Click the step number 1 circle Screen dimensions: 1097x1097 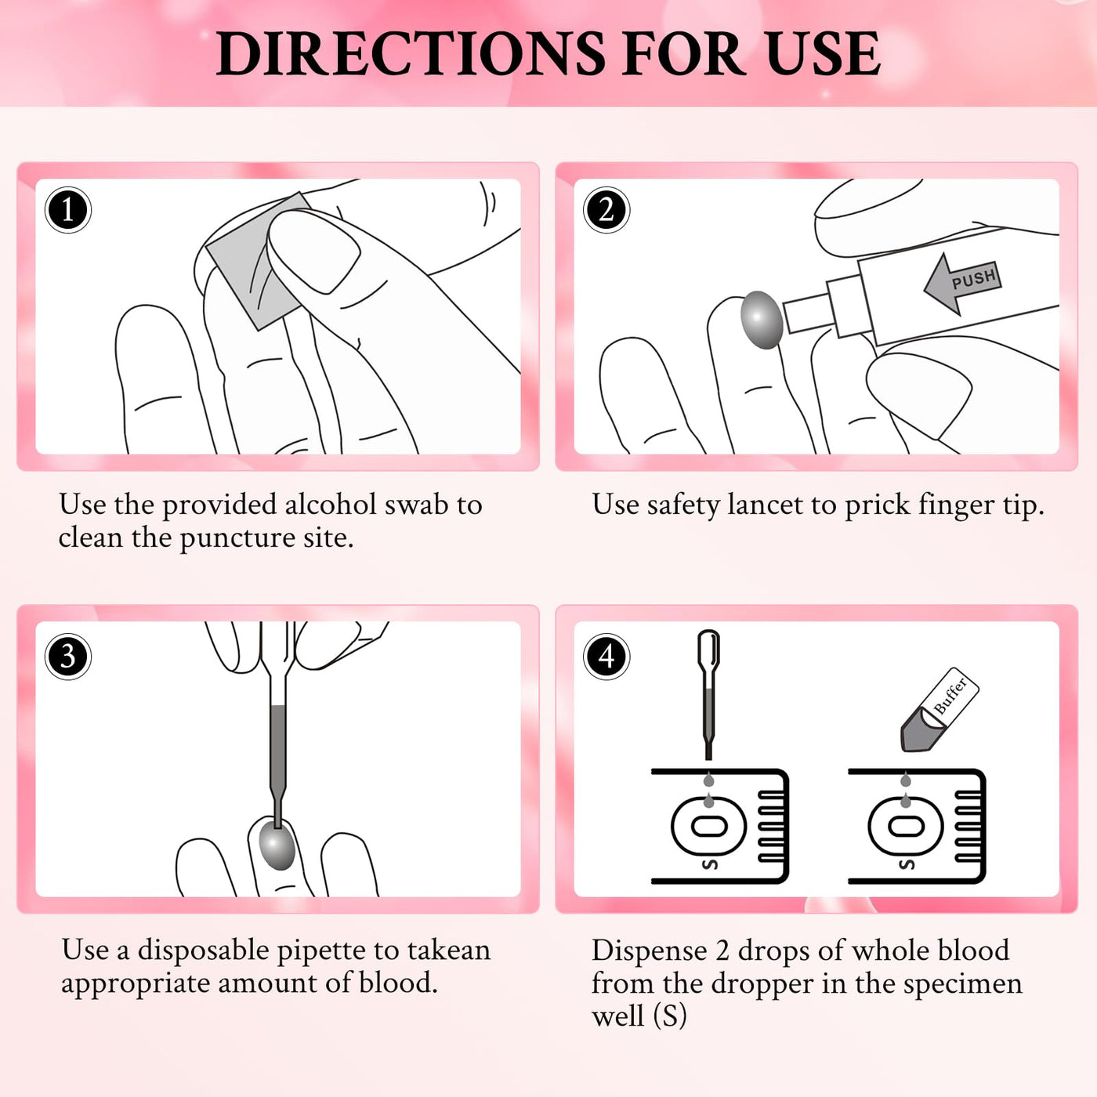tap(67, 209)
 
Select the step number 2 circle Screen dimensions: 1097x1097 tap(606, 209)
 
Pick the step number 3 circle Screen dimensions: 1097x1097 tap(67, 657)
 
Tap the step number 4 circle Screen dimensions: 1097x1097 tap(606, 657)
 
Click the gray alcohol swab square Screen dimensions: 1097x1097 tap(256, 262)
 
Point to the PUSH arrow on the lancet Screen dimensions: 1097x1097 tap(962, 283)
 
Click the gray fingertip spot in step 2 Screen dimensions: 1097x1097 tap(761, 320)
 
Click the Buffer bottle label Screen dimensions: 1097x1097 tap(950, 696)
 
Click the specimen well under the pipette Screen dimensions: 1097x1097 tap(709, 826)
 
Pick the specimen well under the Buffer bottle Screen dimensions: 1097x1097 tap(906, 826)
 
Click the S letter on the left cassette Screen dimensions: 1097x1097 tap(710, 865)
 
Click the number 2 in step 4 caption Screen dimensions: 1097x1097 tap(722, 951)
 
